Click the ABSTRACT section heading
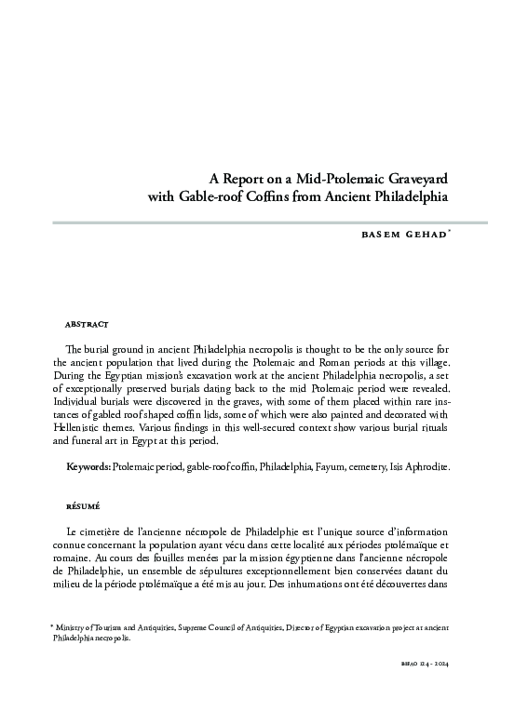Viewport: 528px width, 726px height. (88, 324)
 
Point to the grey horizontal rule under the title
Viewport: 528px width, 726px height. (270, 223)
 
